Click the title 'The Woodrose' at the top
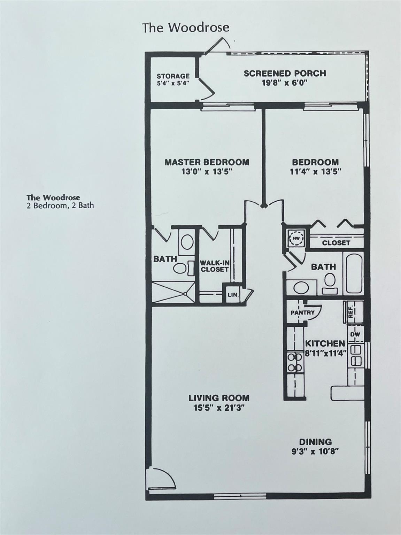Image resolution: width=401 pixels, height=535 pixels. [x=186, y=28]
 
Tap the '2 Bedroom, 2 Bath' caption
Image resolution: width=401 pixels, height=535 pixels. [x=60, y=206]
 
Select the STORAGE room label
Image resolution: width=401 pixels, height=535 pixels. [x=173, y=76]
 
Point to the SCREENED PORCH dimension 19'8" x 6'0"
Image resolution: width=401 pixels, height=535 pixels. [x=285, y=83]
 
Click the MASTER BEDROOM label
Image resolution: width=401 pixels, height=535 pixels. [x=207, y=162]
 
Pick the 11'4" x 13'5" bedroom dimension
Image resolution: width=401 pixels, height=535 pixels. [x=315, y=171]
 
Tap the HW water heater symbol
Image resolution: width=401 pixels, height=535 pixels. [x=296, y=238]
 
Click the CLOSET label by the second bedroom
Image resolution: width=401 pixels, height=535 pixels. [x=336, y=243]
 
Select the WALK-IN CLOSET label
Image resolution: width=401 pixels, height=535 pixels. [x=214, y=266]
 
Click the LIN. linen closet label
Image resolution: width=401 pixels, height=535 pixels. [x=233, y=295]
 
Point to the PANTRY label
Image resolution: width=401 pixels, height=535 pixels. [x=302, y=312]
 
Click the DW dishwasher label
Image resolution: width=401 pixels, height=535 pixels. [x=355, y=334]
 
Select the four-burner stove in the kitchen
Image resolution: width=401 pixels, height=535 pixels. [x=295, y=362]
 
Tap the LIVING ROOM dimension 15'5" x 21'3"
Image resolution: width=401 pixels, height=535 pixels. [x=219, y=408]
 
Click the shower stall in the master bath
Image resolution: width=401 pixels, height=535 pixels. [x=173, y=292]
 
